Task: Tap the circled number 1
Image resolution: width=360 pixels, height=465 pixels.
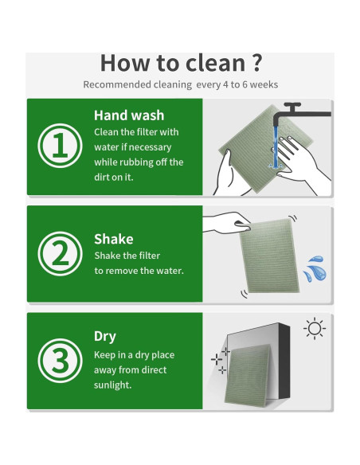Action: pyautogui.click(x=61, y=146)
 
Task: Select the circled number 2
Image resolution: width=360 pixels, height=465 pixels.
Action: pyautogui.click(x=61, y=253)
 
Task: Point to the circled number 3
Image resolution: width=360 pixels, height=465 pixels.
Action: pyautogui.click(x=61, y=361)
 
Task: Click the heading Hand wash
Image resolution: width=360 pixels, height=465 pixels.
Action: pyautogui.click(x=129, y=115)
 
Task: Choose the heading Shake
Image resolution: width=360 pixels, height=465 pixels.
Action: pyautogui.click(x=114, y=239)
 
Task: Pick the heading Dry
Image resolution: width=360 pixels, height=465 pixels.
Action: pyautogui.click(x=104, y=336)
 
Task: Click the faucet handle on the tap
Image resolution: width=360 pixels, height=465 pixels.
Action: pyautogui.click(x=292, y=107)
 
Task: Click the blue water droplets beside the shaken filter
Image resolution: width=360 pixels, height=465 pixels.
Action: pyautogui.click(x=315, y=268)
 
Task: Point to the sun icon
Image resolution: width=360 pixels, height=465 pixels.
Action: pyautogui.click(x=315, y=329)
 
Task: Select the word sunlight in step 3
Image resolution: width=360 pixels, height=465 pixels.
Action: pyautogui.click(x=112, y=385)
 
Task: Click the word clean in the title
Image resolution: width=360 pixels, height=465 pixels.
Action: pyautogui.click(x=216, y=63)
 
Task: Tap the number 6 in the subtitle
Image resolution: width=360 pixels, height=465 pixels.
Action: pyautogui.click(x=245, y=84)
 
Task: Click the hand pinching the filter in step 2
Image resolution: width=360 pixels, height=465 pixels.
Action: pyautogui.click(x=229, y=223)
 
